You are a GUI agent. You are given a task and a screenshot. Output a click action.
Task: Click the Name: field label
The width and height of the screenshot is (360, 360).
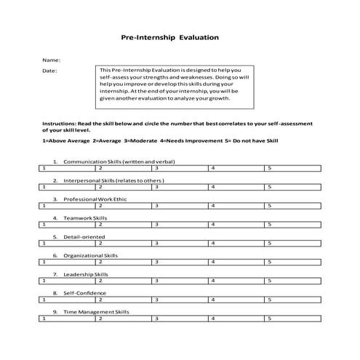pos(51,59)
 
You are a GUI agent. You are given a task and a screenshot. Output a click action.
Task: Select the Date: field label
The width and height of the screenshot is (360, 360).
pos(49,71)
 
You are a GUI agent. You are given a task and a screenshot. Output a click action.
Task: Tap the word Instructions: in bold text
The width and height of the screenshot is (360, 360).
pos(59,124)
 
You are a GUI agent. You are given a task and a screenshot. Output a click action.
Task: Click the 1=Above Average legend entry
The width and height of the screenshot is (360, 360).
pos(66,140)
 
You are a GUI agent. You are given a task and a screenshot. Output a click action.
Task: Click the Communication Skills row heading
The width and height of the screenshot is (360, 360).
pos(119,161)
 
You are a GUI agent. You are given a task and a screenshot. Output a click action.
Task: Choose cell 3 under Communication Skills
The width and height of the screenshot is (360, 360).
pos(180,167)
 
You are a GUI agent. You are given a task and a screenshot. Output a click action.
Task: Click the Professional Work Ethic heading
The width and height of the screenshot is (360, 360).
pos(98,199)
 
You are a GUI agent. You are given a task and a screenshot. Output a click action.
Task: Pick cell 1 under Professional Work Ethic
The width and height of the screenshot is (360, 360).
pos(68,205)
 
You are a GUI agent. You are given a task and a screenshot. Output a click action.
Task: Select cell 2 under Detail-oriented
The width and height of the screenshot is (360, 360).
pos(124,243)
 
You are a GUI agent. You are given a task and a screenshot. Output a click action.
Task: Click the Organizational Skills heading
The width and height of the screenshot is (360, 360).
pos(90,255)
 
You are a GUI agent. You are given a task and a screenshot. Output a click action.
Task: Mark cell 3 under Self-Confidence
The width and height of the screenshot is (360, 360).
pos(180,300)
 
